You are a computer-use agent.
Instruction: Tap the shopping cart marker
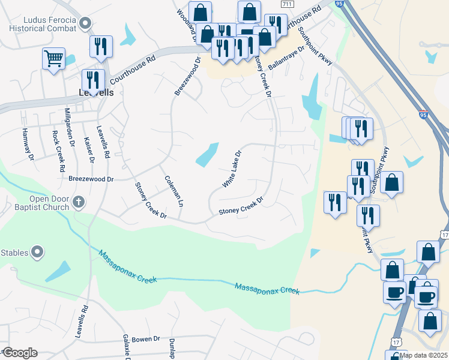tap(53, 59)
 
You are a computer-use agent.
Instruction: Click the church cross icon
tap(79, 202)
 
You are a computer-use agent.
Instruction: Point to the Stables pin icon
tap(37, 253)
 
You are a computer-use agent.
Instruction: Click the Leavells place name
tap(95, 92)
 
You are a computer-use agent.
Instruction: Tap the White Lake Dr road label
tap(231, 169)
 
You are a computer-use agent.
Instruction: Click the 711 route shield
tap(287, 5)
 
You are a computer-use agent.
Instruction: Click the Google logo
tap(19, 352)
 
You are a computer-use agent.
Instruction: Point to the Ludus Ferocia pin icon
tap(85, 24)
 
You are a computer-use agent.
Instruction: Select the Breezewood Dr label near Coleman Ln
tap(91, 179)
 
